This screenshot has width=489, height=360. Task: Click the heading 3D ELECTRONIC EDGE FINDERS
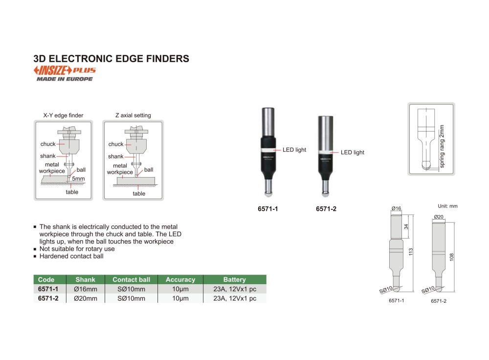[111, 59]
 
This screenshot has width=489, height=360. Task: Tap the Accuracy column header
[180, 279]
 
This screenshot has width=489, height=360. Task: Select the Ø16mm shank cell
[86, 289]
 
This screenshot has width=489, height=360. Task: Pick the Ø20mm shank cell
[86, 298]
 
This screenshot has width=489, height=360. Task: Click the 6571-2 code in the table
[48, 298]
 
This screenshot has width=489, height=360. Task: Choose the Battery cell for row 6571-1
[235, 289]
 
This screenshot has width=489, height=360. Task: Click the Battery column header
[235, 279]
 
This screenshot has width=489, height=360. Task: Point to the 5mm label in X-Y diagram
[78, 179]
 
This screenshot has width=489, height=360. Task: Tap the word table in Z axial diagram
[139, 194]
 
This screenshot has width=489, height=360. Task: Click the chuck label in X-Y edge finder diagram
[48, 144]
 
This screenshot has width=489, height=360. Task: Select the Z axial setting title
[133, 115]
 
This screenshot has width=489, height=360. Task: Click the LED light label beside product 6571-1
[294, 150]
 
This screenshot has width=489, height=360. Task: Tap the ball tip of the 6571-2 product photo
[326, 194]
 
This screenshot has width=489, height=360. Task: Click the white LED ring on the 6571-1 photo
[268, 150]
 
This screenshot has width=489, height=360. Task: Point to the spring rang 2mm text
[442, 146]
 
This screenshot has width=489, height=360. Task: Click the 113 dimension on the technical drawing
[411, 252]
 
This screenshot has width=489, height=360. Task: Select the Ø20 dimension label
[439, 217]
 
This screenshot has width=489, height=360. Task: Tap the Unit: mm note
[447, 206]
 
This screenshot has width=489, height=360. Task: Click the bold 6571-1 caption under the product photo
[268, 209]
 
